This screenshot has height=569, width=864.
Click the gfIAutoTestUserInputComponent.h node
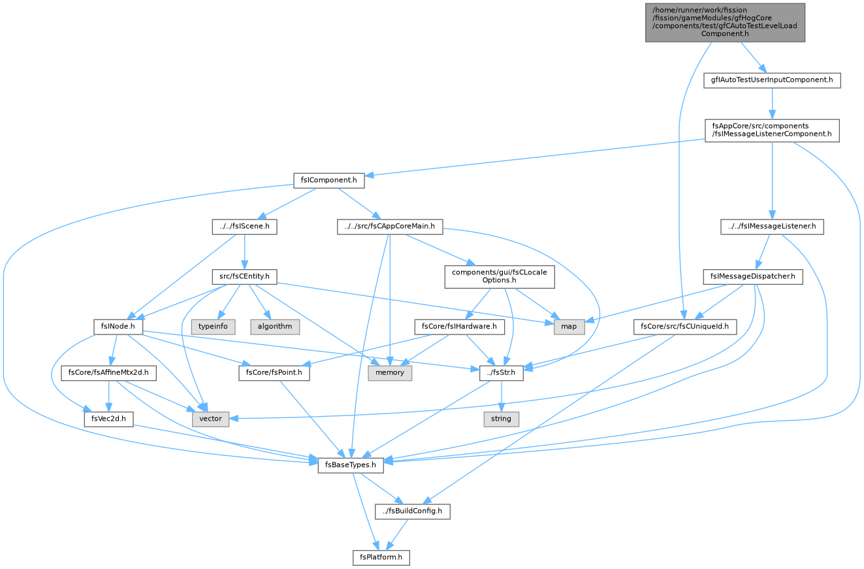pyautogui.click(x=772, y=80)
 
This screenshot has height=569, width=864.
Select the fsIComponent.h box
pyautogui.click(x=328, y=180)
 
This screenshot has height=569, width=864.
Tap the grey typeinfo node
pyautogui.click(x=213, y=327)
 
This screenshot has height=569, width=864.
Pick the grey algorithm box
pyautogui.click(x=275, y=327)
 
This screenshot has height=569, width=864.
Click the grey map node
pyautogui.click(x=569, y=327)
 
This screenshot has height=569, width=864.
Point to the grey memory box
pyautogui.click(x=390, y=372)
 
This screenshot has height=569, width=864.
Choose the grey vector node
pyautogui.click(x=210, y=419)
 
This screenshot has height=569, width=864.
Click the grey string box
pyautogui.click(x=501, y=419)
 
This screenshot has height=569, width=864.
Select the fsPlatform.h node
pyautogui.click(x=381, y=557)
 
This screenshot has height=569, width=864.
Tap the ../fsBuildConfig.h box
pyautogui.click(x=412, y=511)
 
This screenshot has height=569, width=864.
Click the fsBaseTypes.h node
pyautogui.click(x=350, y=465)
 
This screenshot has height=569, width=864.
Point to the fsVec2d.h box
pyautogui.click(x=108, y=419)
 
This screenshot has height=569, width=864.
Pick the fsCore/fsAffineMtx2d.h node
pyautogui.click(x=108, y=372)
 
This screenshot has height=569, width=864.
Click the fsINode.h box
pyautogui.click(x=118, y=327)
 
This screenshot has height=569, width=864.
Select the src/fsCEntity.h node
pyautogui.click(x=244, y=276)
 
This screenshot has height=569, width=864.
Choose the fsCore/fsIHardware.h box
pyautogui.click(x=459, y=327)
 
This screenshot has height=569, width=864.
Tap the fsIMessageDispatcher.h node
pyautogui.click(x=753, y=276)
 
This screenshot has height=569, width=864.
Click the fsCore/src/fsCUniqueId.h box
pyautogui.click(x=684, y=327)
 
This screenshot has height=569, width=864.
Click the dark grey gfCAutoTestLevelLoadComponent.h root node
pyautogui.click(x=725, y=22)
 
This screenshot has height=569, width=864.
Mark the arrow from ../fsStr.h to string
pyautogui.click(x=502, y=396)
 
